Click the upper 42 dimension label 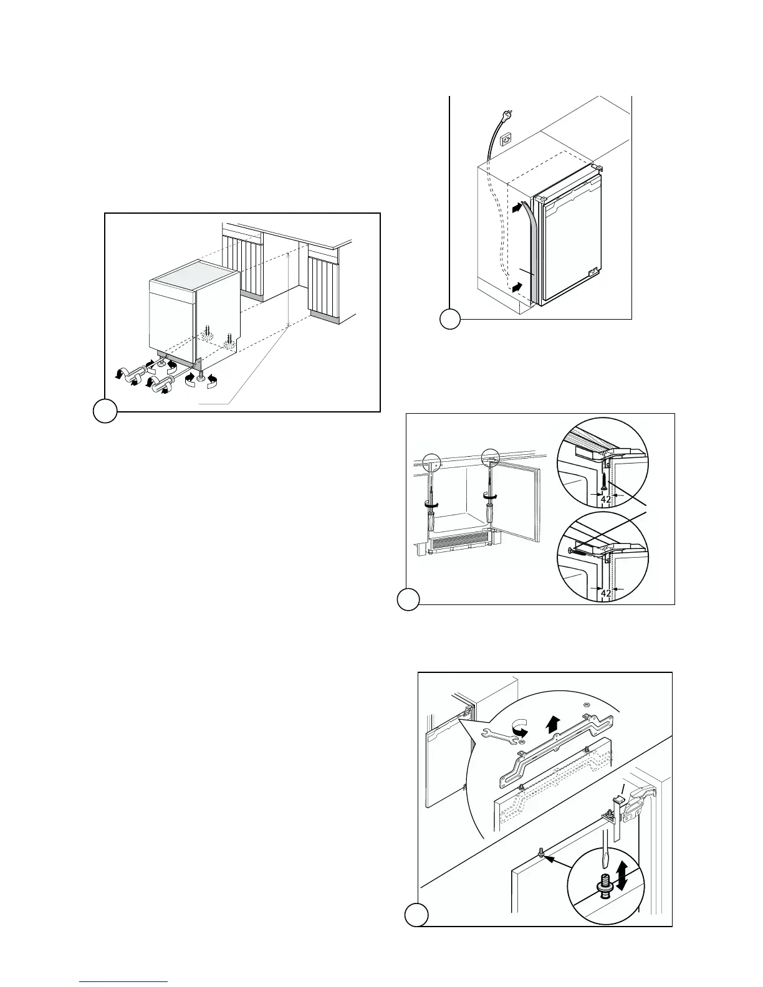pos(605,498)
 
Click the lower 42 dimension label pos(605,593)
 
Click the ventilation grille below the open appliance pos(460,543)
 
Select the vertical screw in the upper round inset pos(605,480)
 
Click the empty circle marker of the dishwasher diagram pos(105,411)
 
